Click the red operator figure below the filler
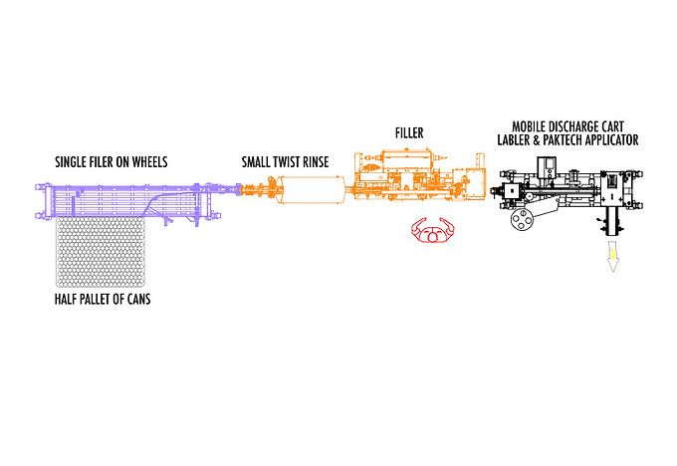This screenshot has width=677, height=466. click(x=431, y=232)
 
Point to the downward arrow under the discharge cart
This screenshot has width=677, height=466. click(x=608, y=262)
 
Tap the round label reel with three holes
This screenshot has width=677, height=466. click(x=521, y=222)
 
